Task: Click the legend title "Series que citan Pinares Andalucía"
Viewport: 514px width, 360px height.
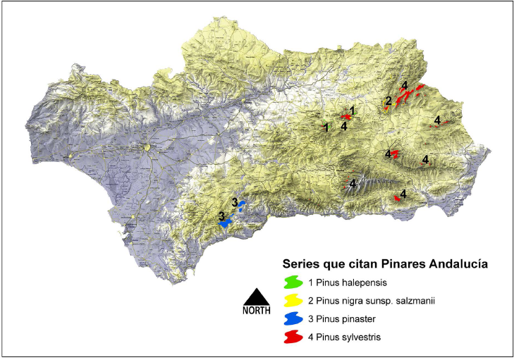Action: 386,264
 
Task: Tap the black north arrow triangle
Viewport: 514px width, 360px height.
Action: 256,297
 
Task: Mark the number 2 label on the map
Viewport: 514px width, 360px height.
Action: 388,101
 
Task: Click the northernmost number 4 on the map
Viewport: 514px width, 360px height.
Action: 404,86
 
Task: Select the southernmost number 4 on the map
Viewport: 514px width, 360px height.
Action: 403,194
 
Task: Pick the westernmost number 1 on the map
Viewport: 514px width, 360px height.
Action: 325,128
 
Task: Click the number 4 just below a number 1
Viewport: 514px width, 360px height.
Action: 343,126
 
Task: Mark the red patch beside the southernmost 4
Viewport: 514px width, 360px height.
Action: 398,199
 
